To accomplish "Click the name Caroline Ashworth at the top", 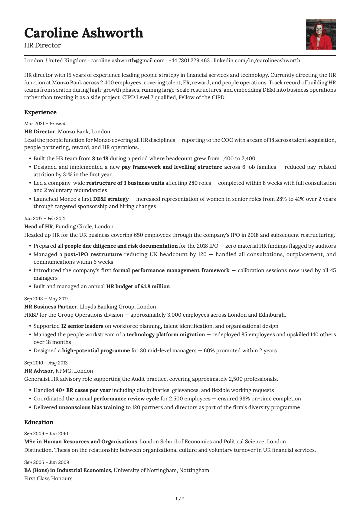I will [x=83, y=33].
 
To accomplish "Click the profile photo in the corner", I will [x=321, y=34].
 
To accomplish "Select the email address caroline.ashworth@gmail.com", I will [x=127, y=60].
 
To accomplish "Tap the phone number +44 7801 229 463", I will [x=189, y=60].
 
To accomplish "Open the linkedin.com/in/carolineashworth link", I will [x=257, y=60].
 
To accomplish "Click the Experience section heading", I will [x=40, y=112].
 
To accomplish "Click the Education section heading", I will [x=39, y=422].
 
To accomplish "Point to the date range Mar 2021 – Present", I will [x=45, y=123].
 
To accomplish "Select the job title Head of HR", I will [x=38, y=227].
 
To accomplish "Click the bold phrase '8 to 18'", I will [x=100, y=158].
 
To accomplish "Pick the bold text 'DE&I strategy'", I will [x=111, y=199].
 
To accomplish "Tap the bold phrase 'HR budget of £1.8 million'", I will [x=138, y=286].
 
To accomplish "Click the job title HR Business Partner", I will [x=51, y=307].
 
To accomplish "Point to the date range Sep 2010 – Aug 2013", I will [x=46, y=363].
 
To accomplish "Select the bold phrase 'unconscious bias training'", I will [x=91, y=407].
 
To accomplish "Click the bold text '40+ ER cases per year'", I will [x=83, y=390].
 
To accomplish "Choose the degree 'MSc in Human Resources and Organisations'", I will [x=81, y=442].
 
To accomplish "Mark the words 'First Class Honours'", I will [x=48, y=478].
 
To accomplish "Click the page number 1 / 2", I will [x=180, y=499].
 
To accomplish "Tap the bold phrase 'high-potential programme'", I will [x=96, y=351].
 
